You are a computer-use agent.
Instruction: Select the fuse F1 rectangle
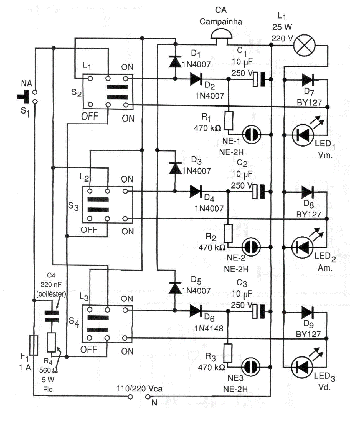tap(34, 345)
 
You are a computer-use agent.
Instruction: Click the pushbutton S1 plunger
tap(24, 97)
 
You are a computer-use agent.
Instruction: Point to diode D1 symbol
tap(175, 62)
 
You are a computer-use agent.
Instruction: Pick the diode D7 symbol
tap(307, 80)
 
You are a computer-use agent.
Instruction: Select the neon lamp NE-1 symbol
tap(252, 135)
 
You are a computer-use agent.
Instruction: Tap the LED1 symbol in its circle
tap(303, 135)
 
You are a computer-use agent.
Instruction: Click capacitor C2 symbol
tap(259, 192)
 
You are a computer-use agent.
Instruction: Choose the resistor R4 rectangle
tap(51, 342)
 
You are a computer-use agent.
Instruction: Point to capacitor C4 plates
tap(52, 316)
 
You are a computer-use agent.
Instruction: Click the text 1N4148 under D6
tap(209, 328)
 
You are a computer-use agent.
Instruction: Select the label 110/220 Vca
tap(140, 389)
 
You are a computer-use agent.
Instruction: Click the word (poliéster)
tap(51, 294)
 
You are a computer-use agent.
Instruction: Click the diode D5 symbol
tap(175, 288)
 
